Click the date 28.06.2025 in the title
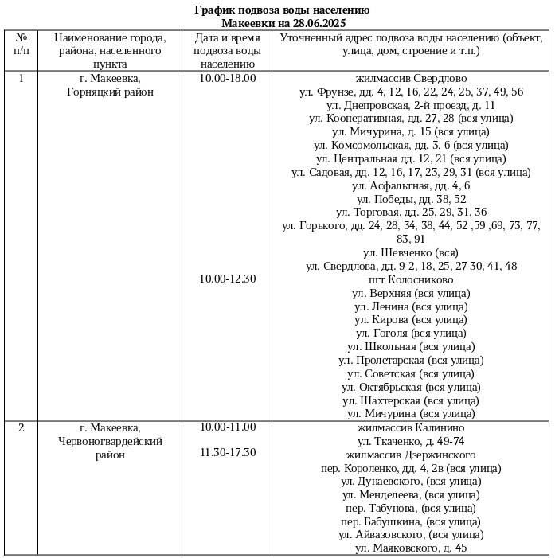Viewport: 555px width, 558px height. click(x=318, y=24)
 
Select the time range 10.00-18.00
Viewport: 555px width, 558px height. click(x=228, y=78)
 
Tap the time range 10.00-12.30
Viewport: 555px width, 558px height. click(x=228, y=279)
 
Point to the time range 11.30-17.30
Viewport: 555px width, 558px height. click(x=228, y=452)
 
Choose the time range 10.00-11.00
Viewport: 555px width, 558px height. click(x=228, y=427)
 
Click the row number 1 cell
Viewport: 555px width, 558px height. click(x=21, y=78)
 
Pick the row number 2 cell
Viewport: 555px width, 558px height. click(x=21, y=427)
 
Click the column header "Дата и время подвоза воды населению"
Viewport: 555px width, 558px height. click(x=228, y=50)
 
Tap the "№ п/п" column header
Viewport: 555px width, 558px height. click(x=21, y=44)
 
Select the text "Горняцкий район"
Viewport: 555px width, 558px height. click(x=111, y=92)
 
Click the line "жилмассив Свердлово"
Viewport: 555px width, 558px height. click(x=411, y=78)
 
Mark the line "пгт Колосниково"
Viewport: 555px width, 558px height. click(x=411, y=279)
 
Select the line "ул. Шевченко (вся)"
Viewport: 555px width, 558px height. click(x=411, y=252)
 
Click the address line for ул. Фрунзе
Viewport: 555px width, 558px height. click(x=411, y=92)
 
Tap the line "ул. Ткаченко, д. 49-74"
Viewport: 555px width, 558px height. click(x=411, y=440)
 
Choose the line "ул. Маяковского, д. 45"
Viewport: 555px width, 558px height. click(x=411, y=548)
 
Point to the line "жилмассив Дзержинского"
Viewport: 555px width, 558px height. click(x=411, y=454)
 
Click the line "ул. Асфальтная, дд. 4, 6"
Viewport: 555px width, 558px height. click(x=411, y=185)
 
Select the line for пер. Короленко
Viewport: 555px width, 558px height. click(x=411, y=467)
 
